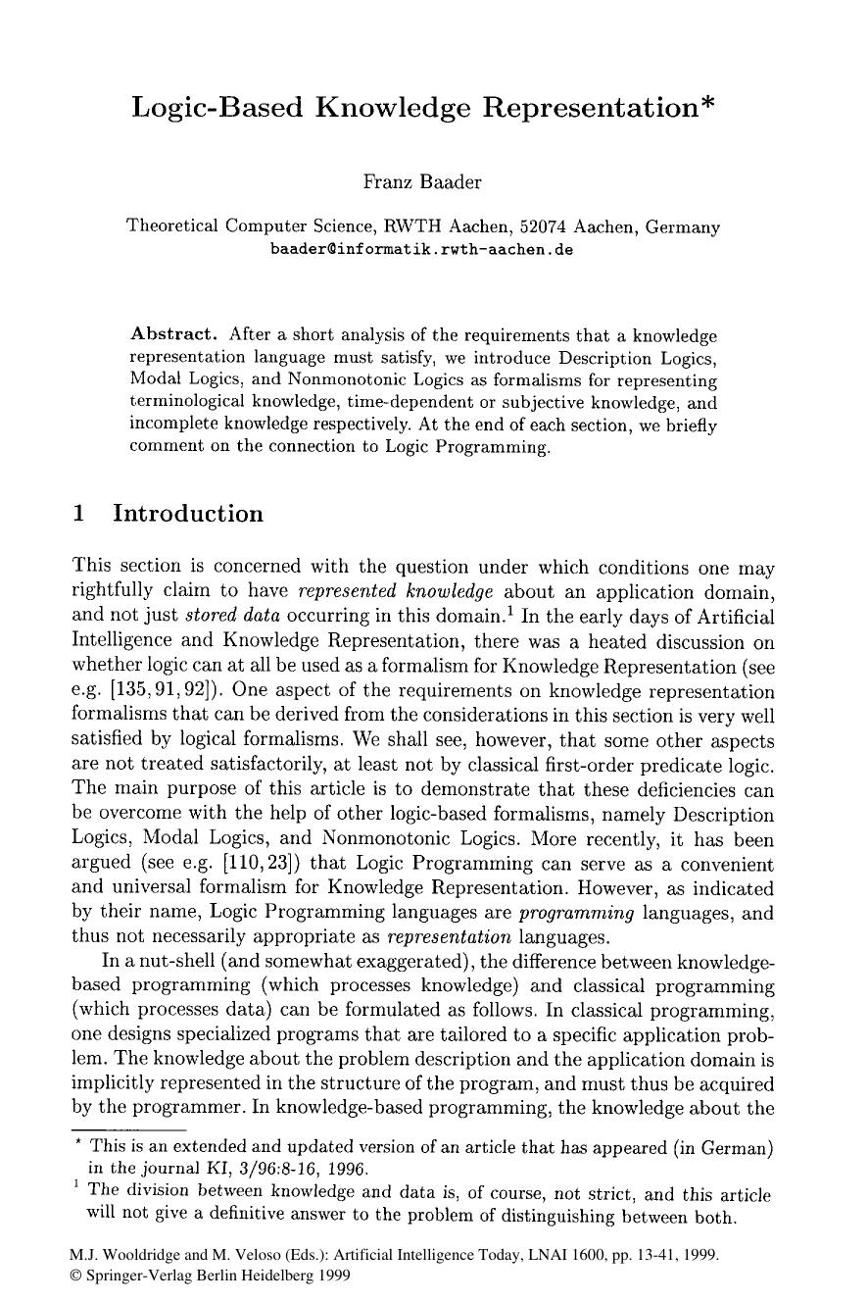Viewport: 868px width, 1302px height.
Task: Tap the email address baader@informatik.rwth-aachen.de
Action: click(421, 249)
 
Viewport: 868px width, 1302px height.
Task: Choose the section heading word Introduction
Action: click(188, 515)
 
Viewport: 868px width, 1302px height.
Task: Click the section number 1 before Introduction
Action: click(79, 515)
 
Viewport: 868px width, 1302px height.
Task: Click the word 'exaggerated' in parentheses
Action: click(413, 962)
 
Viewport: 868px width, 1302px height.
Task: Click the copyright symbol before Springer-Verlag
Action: click(77, 1276)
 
